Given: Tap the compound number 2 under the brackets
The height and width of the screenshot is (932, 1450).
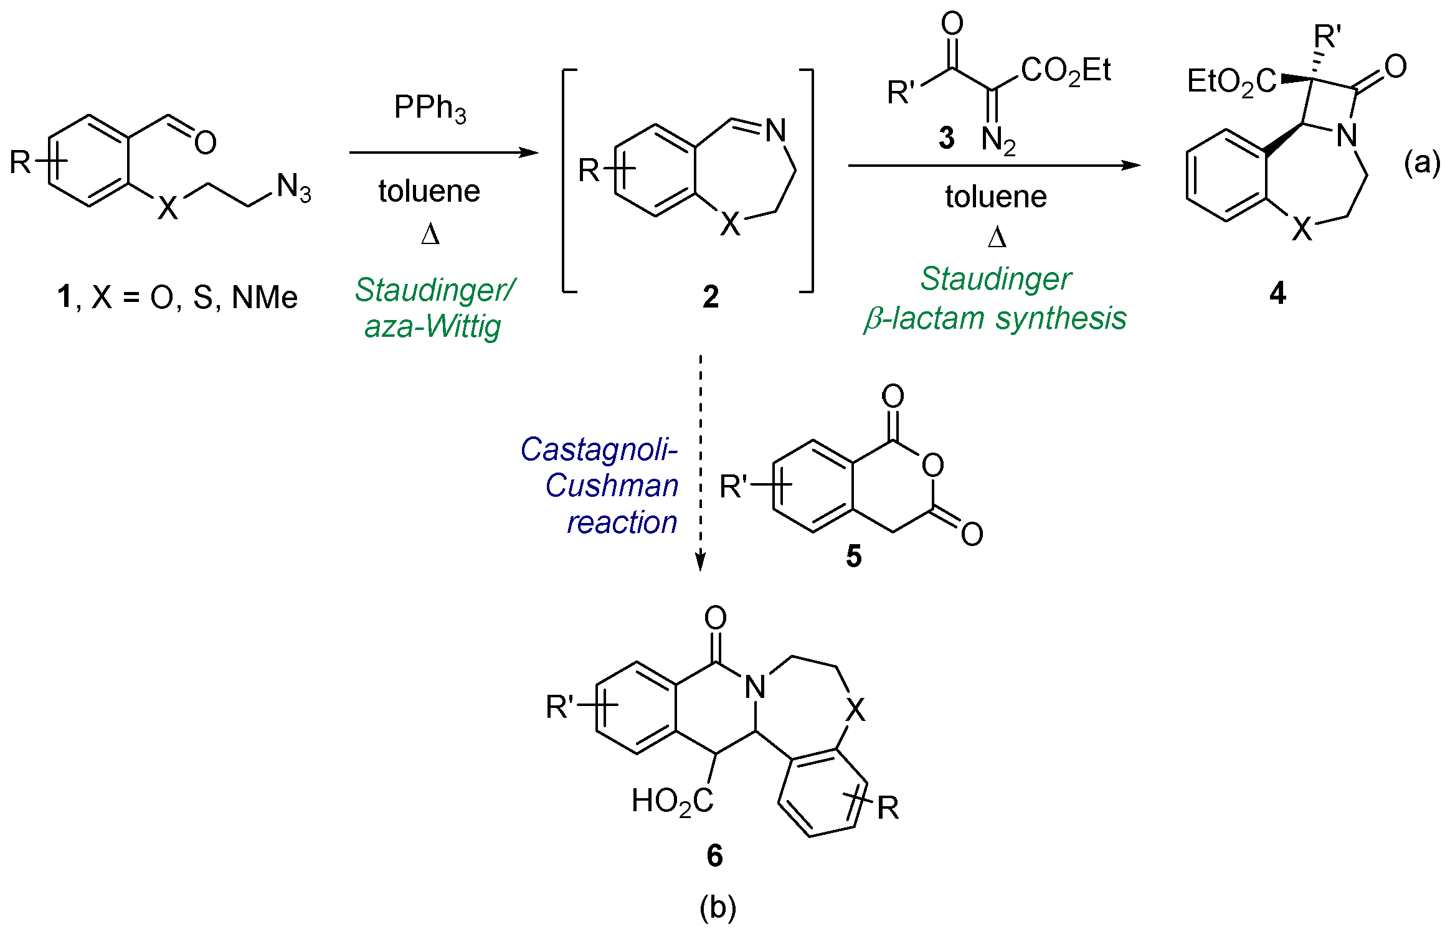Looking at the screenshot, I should click(x=710, y=297).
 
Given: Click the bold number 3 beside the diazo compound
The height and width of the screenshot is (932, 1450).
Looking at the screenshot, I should click(x=947, y=138).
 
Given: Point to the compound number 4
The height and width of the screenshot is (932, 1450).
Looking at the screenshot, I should click(x=1277, y=293).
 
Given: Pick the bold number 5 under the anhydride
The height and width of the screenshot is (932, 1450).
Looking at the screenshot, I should click(x=853, y=555).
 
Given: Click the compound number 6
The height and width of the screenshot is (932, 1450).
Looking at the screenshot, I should click(x=714, y=855).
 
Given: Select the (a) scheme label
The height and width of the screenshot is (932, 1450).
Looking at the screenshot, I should click(x=1421, y=163).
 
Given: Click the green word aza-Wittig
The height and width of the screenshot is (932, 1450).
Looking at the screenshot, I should click(x=432, y=326).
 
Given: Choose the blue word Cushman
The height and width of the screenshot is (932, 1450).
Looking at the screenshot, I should click(x=612, y=486).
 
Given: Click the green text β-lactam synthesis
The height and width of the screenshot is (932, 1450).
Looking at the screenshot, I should click(x=995, y=319).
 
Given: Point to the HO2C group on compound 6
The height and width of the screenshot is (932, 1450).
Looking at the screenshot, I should click(x=672, y=801).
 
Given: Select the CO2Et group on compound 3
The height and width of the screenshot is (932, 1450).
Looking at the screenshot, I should click(x=1066, y=70).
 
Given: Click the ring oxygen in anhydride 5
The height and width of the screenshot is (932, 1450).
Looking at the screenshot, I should click(x=932, y=465).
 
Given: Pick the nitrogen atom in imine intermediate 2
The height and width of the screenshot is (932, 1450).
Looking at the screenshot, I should click(x=775, y=131).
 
